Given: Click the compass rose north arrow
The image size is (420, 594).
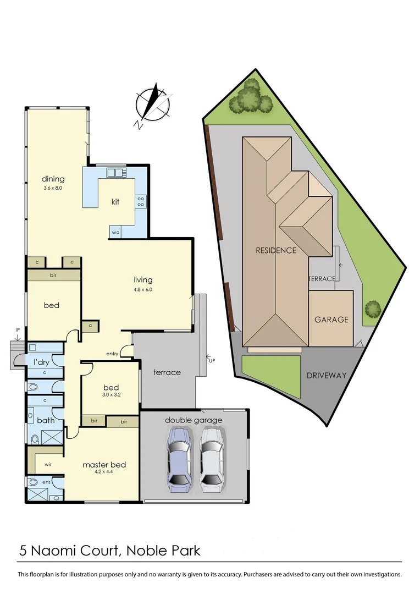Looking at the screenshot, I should pos(154,105).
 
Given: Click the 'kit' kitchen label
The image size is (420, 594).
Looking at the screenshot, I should pos(115,202).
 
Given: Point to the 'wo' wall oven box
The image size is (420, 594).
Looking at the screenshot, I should pos(115,232).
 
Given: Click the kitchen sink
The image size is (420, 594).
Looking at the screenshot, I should pos(115,173).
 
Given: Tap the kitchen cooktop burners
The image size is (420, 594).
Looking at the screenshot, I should pos(141,201).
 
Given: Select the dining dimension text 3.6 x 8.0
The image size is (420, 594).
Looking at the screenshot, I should pos(53,188).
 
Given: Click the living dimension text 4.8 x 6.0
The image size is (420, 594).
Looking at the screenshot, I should pos(143,289).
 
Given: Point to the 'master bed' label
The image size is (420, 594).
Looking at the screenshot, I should pos(104,465).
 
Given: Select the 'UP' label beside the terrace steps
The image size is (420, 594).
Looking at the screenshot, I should pos(212,360).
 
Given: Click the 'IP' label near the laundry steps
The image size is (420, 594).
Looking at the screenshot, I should pos(18,330).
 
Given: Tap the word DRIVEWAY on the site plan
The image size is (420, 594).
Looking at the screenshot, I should pos(327,376).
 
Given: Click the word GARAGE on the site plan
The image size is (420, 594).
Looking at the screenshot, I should pos(331,320).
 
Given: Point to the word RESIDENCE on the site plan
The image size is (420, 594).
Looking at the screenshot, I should pos(276,251).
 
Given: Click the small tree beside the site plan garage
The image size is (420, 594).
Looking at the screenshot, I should pos(373,309).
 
